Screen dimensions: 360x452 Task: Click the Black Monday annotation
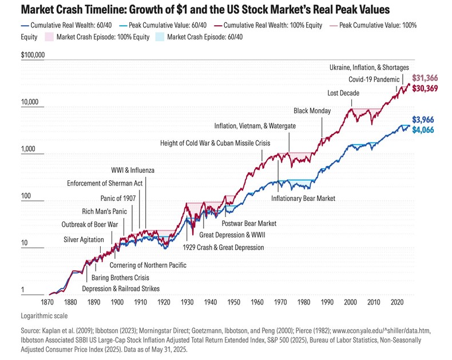[x=312, y=110]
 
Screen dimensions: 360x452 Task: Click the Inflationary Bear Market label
[x=303, y=199]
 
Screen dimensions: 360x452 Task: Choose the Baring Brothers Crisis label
[x=113, y=277]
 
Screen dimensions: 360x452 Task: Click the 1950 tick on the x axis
[x=234, y=302]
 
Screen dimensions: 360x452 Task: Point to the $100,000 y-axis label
[x=33, y=56]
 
